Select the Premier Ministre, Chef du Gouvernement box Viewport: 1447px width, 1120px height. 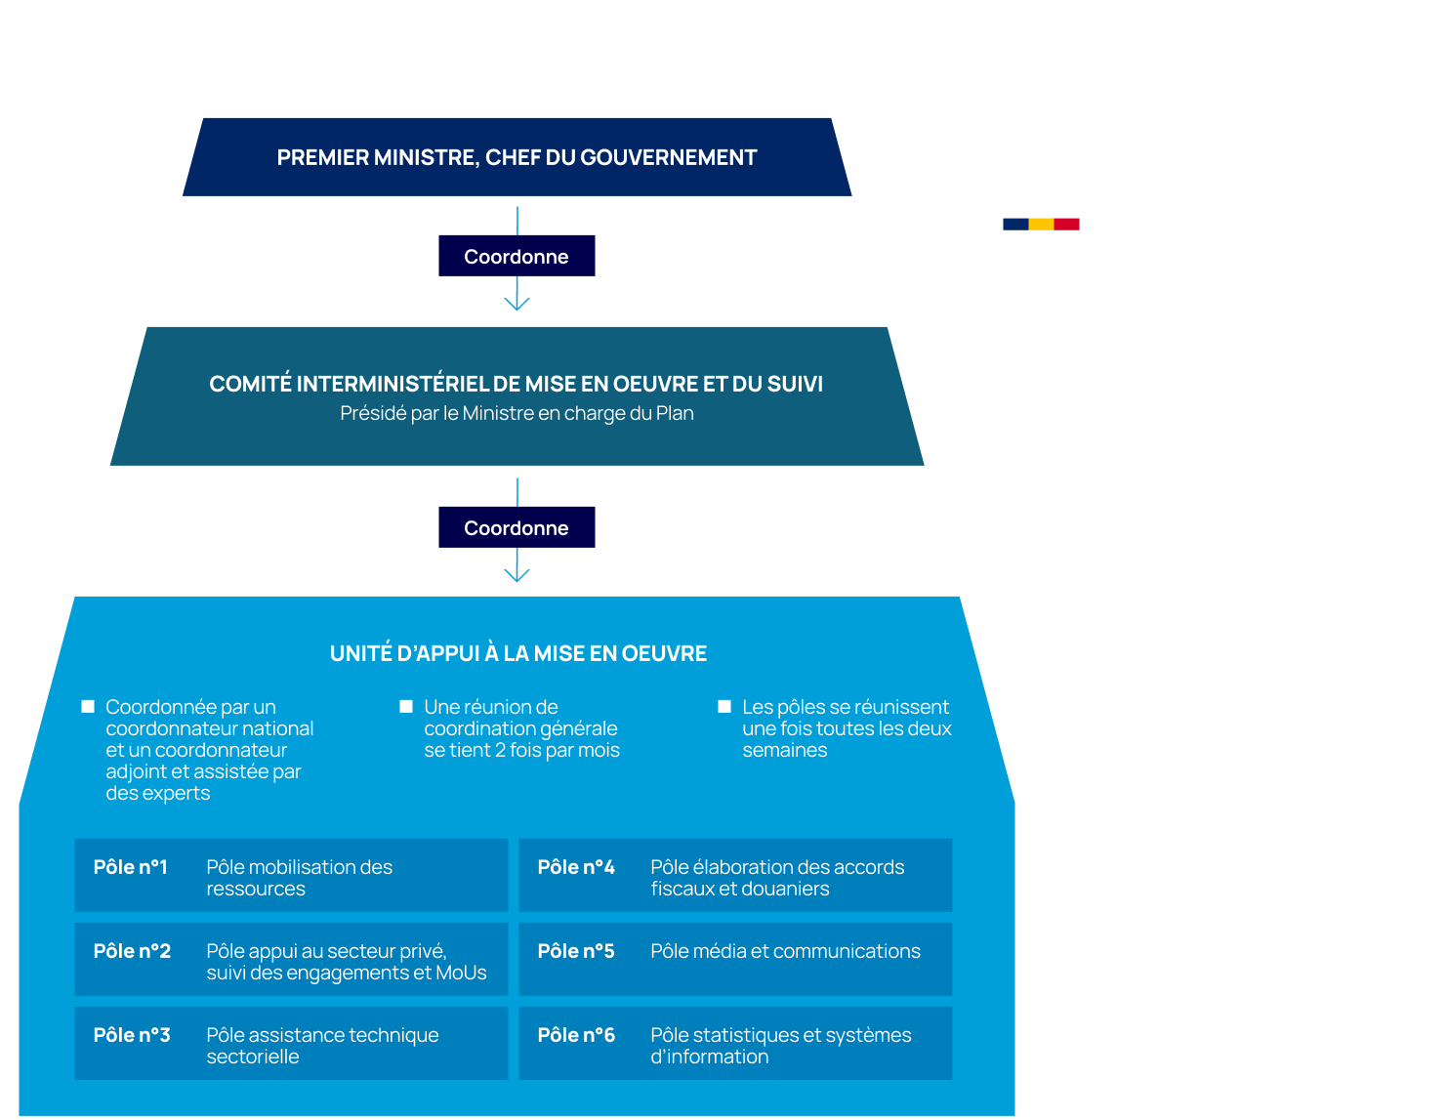(x=517, y=157)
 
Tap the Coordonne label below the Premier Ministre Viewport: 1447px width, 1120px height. (x=517, y=257)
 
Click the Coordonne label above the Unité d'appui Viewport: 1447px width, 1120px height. (x=517, y=528)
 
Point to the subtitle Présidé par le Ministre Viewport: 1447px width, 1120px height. (x=517, y=414)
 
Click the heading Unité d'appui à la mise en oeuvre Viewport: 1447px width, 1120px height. (x=517, y=653)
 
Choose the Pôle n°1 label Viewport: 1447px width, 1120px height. (x=131, y=867)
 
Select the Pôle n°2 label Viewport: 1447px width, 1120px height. (x=132, y=951)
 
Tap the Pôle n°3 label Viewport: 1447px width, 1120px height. (x=132, y=1035)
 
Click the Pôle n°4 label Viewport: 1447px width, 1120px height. (x=576, y=867)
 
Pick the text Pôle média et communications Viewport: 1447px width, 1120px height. (x=785, y=951)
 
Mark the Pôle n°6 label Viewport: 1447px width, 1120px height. (x=576, y=1035)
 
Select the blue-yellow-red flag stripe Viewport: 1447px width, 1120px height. (x=1041, y=225)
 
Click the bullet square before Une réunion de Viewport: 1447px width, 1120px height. (x=406, y=706)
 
